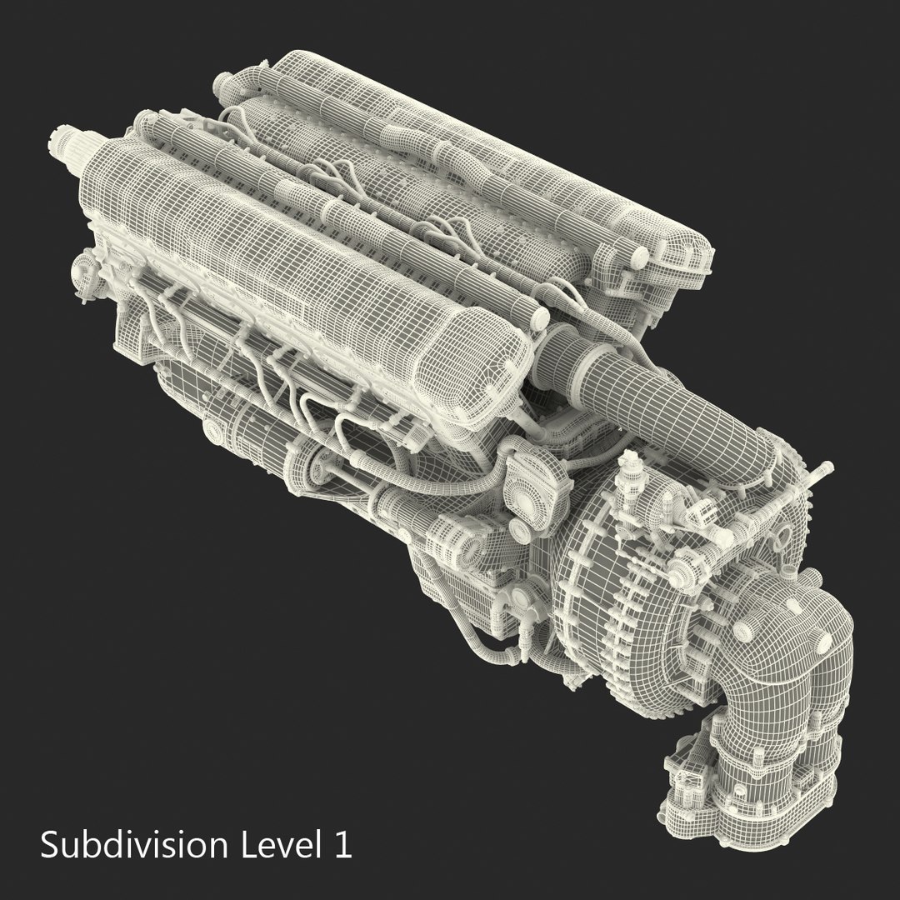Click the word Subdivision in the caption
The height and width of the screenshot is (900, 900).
click(x=133, y=845)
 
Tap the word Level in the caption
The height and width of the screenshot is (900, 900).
click(x=274, y=845)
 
